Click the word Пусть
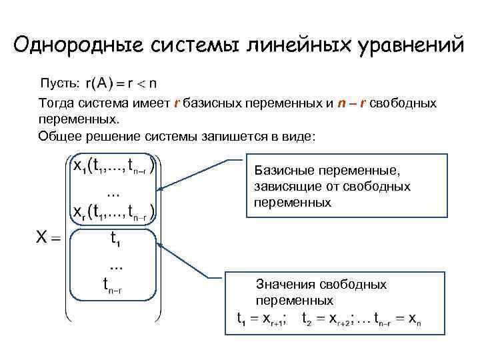tap(61, 83)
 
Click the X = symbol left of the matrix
tap(47, 237)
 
